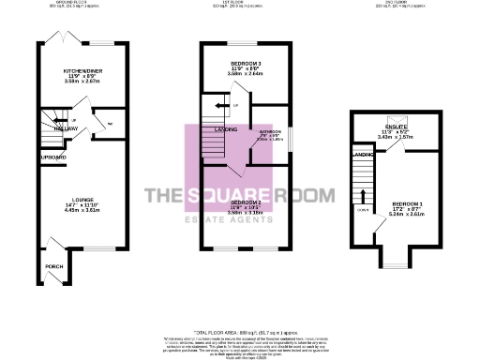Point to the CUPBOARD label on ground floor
point(26,157)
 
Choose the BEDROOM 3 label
point(247,63)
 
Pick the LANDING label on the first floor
point(225,129)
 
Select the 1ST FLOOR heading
point(238,3)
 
